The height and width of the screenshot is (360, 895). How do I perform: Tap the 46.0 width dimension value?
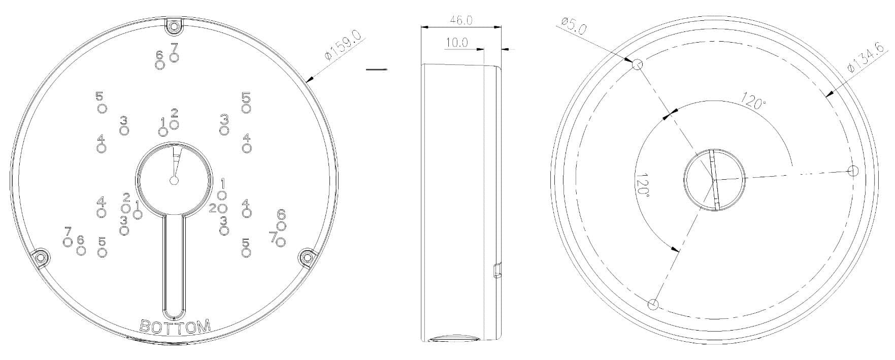click(x=461, y=20)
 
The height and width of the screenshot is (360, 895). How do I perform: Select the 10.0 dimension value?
click(x=456, y=43)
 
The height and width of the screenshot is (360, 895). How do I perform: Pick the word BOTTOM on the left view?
click(x=175, y=326)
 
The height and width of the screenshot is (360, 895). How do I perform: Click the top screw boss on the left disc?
click(x=174, y=26)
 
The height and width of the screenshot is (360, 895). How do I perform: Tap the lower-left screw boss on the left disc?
click(x=41, y=257)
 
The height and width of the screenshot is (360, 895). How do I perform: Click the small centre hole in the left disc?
click(x=174, y=180)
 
